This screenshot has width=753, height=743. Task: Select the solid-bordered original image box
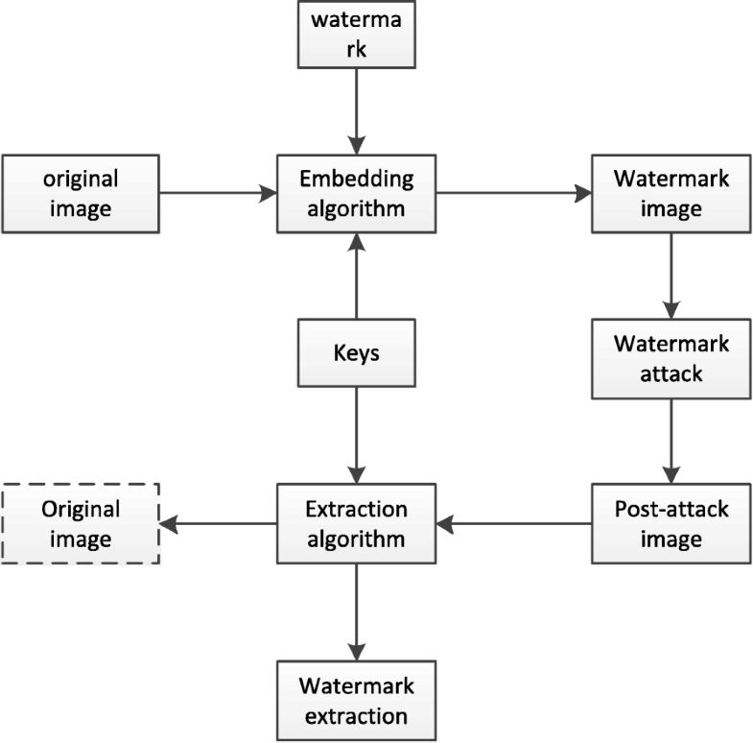81,193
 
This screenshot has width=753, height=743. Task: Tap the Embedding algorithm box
356,193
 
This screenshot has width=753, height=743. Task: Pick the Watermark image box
671,193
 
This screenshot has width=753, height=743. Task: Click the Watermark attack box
671,357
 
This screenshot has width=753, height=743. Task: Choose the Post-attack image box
671,523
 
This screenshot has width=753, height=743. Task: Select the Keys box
356,353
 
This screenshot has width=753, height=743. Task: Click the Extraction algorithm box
356,523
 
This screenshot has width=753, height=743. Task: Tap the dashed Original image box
81,523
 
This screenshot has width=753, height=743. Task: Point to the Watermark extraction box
356,701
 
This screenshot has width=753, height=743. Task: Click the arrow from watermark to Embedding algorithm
356,110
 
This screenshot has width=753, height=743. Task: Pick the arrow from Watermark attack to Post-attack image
671,442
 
